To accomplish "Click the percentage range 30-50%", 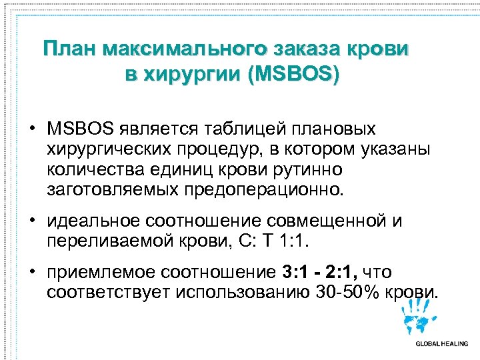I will click(x=347, y=292).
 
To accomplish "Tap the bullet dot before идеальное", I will click(x=32, y=220).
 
